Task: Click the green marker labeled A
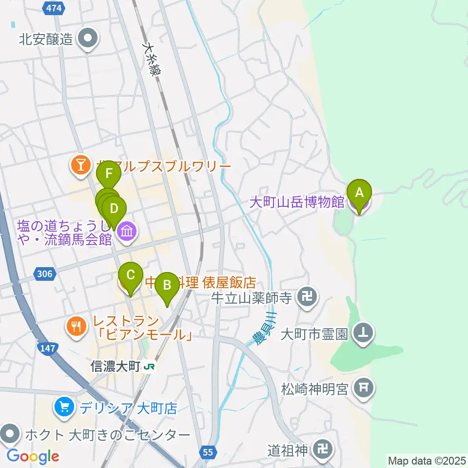pyautogui.click(x=359, y=193)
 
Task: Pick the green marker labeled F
pyautogui.click(x=109, y=174)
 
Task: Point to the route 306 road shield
pyautogui.click(x=44, y=275)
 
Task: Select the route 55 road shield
pyautogui.click(x=208, y=452)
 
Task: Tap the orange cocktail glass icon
pyautogui.click(x=79, y=165)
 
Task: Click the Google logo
pyautogui.click(x=33, y=456)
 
